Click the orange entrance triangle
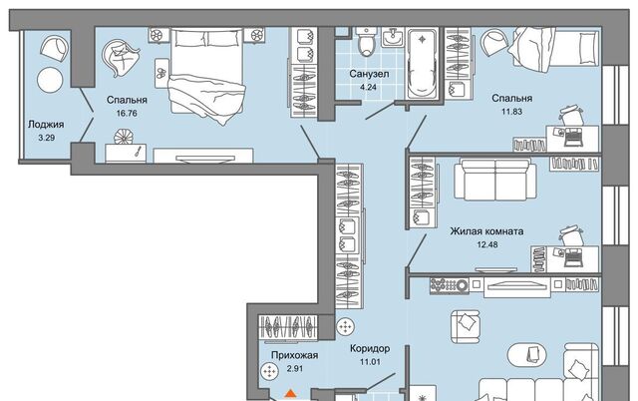290,393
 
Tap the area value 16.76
127,113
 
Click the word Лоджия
46,125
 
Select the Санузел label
369,74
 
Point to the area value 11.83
511,111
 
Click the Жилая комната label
486,231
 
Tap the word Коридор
370,348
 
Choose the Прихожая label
295,355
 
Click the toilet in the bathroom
367,42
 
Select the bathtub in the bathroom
423,63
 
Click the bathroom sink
393,37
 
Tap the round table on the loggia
50,80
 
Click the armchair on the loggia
54,48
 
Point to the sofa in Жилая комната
495,180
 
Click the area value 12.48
487,244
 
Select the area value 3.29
47,138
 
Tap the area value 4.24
369,87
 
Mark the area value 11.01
370,361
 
